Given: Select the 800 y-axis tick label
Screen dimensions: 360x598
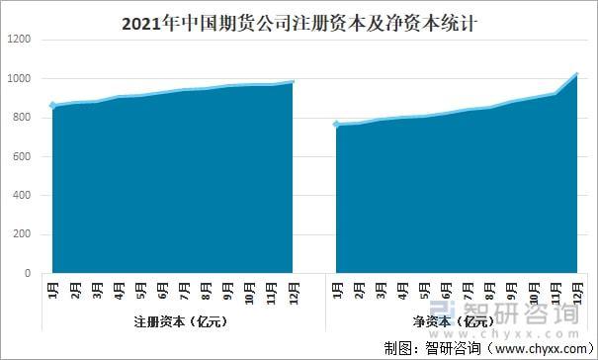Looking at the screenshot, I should coord(22,118).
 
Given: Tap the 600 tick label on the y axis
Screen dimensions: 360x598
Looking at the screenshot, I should coord(22,156).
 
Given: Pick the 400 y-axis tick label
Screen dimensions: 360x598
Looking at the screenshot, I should coord(22,196).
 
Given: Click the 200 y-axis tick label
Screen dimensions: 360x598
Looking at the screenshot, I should coord(22,234).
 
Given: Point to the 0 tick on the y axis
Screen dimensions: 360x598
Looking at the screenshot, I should coord(28,273).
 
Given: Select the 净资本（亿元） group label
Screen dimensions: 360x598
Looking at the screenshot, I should coord(457,321).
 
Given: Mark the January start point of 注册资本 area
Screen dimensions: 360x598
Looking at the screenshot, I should coord(52,105).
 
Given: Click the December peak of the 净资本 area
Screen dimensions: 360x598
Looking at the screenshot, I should coord(577,74).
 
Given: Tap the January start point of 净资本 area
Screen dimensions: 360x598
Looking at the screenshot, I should coord(337,125).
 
